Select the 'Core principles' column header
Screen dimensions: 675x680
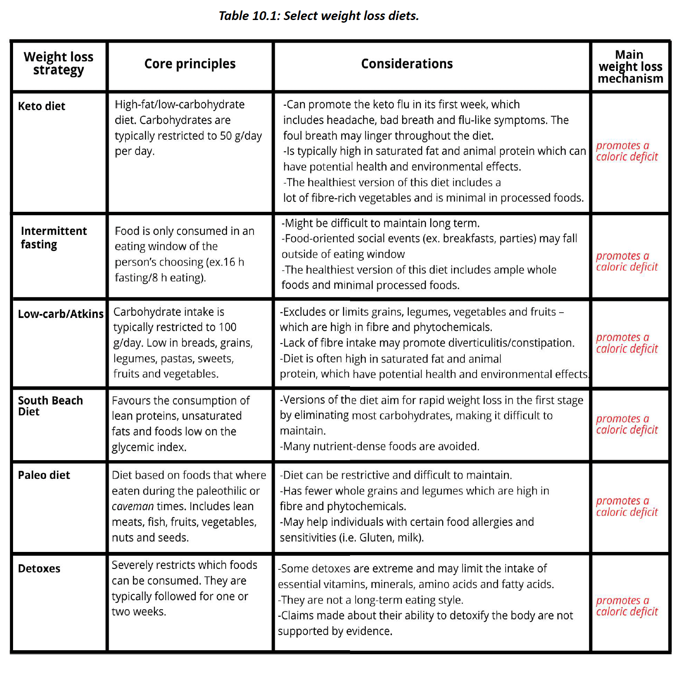190,64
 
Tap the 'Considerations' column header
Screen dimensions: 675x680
407,64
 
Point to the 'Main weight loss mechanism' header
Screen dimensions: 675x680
630,67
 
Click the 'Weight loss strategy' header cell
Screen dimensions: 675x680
59,63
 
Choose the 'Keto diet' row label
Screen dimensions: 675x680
41,106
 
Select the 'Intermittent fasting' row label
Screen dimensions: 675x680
53,237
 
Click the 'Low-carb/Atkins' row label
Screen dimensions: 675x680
60,314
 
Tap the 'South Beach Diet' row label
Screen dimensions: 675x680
50,406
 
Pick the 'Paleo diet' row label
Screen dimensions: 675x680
43,475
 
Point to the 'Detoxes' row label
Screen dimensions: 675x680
39,568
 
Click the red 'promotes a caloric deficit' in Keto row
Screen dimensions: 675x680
627,151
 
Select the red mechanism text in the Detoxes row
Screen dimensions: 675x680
627,606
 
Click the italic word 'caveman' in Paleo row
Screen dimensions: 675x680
133,506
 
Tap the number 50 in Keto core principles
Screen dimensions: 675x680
226,136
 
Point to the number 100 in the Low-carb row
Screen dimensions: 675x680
227,327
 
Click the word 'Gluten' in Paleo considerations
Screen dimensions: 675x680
376,538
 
